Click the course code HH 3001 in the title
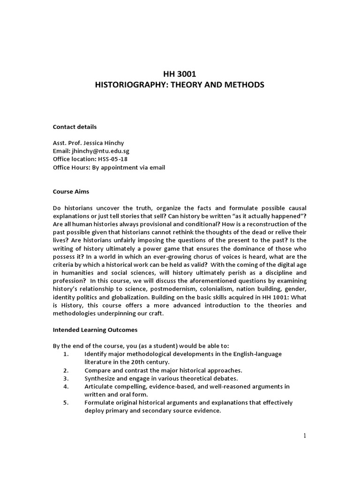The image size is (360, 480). click(180, 73)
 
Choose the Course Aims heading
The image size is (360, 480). click(71, 191)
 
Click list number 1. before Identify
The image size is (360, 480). click(66, 353)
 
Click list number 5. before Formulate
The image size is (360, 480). click(66, 402)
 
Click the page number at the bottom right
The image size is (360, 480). click(304, 435)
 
